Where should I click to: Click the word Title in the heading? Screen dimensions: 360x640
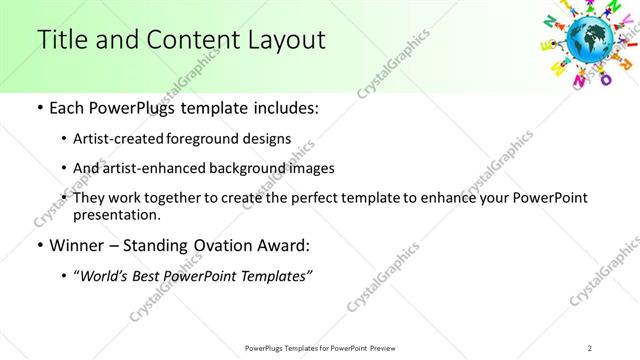(x=59, y=40)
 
